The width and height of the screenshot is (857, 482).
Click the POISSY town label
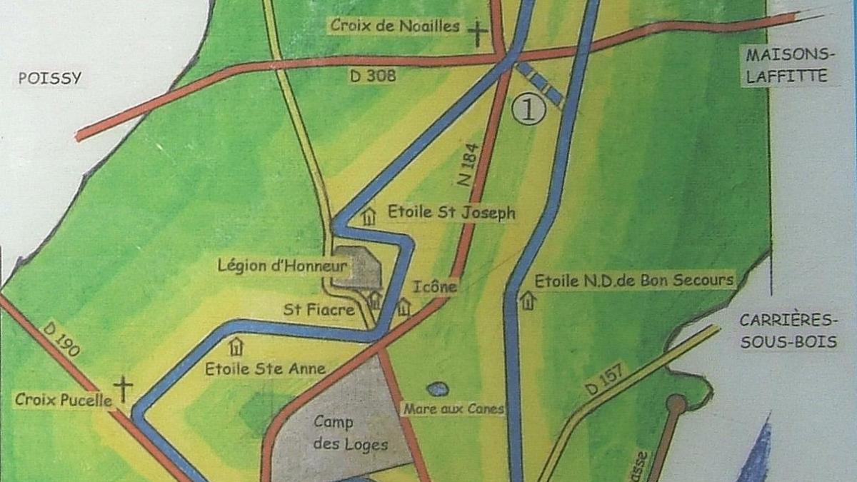click(x=50, y=79)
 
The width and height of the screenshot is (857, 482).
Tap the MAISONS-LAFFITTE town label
click(x=788, y=66)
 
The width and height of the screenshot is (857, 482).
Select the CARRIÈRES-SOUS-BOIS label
click(x=788, y=331)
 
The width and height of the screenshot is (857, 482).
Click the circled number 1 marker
click(x=529, y=110)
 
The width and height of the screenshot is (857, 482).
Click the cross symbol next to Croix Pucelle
click(x=124, y=390)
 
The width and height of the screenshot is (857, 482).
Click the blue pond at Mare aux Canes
click(x=438, y=389)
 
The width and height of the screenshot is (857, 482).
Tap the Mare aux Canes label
click(x=453, y=409)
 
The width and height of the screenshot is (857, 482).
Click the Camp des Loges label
click(x=341, y=433)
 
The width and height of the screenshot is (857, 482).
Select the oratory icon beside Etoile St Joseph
click(x=369, y=216)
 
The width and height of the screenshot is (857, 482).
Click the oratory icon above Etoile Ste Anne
click(x=236, y=347)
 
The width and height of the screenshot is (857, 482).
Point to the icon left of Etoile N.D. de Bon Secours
click(x=527, y=300)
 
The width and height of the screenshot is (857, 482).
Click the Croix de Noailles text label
click(x=394, y=26)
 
